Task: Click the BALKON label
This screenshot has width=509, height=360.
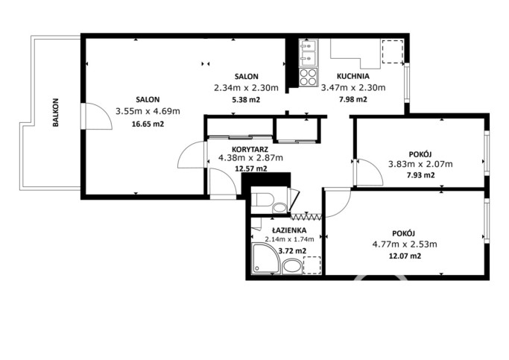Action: [56, 113]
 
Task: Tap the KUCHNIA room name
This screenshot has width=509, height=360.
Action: [353, 76]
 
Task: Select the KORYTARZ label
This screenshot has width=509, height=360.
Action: [250, 150]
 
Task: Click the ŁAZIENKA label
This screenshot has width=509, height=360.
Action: [289, 230]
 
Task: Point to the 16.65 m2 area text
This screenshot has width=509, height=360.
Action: [148, 124]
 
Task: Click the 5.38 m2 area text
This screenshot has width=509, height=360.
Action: [246, 100]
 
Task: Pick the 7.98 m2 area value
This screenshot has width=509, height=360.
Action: [353, 99]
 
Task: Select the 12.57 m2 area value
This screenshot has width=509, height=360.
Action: [251, 168]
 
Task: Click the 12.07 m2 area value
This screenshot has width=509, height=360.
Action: [405, 256]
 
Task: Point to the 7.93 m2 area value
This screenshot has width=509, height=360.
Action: [421, 175]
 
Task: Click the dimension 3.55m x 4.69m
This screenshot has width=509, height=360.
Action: [148, 111]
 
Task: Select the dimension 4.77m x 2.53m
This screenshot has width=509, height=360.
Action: [405, 244]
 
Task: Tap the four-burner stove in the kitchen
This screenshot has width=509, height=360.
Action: [309, 77]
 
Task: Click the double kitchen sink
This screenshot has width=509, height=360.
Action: [309, 53]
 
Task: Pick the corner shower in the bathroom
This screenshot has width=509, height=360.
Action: [266, 259]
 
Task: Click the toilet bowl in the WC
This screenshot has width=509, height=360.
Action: [263, 199]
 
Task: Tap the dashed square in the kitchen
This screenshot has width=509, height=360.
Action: [393, 51]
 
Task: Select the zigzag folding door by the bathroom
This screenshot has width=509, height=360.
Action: [306, 217]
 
